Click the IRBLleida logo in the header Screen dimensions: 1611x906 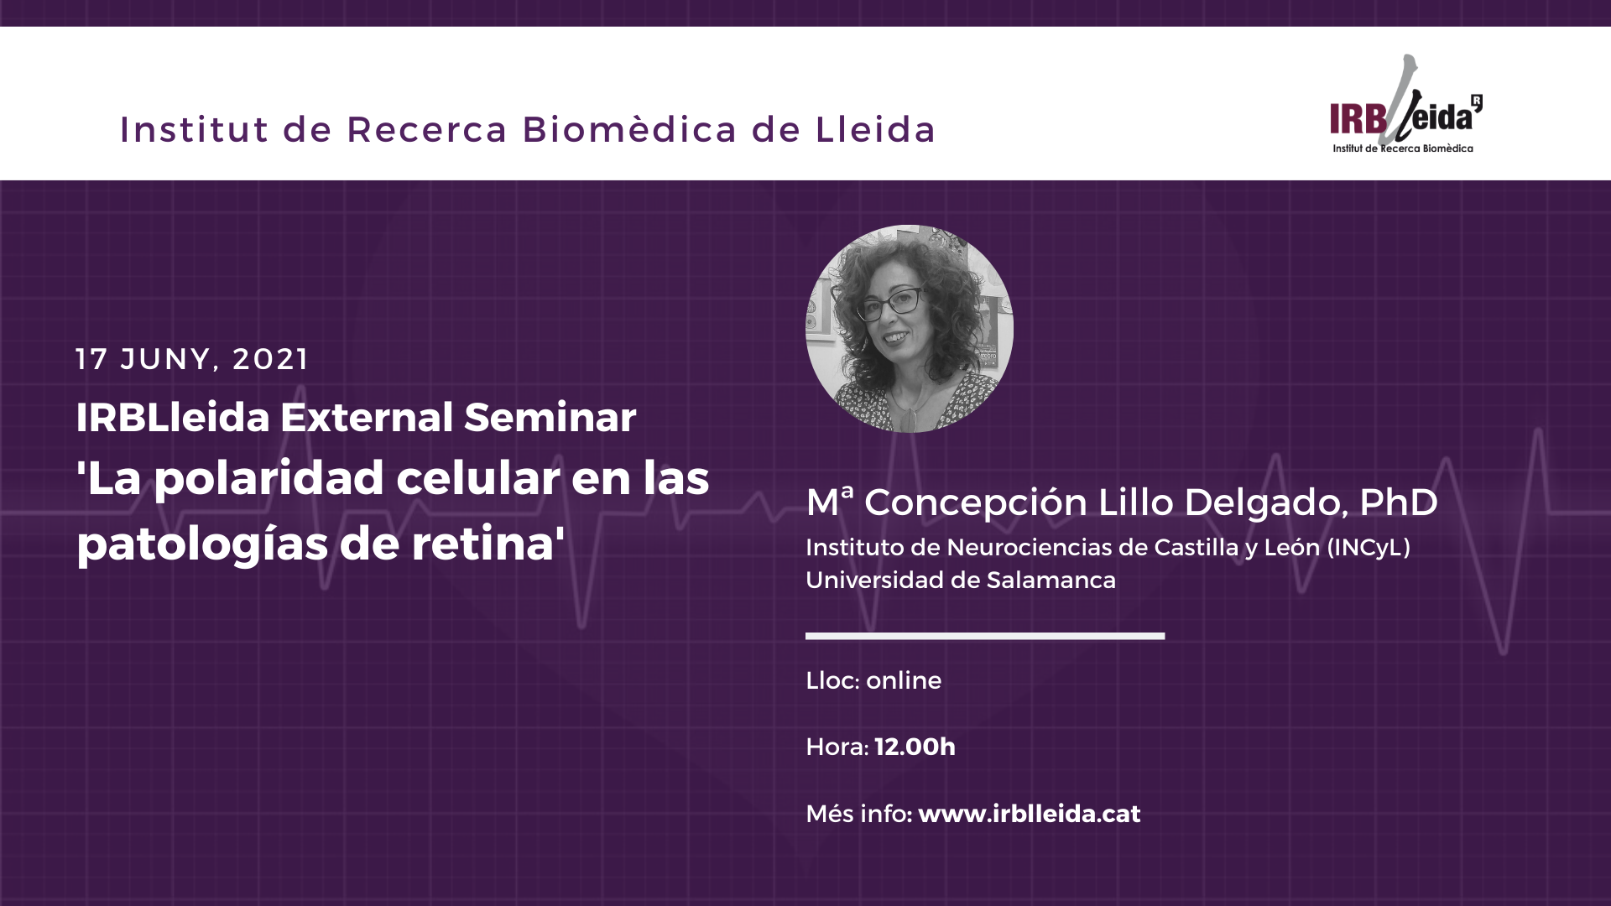1405,105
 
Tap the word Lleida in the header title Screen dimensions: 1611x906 875,129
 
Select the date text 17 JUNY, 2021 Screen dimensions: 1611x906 192,359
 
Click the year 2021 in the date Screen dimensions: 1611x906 270,359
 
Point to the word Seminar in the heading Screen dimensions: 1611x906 550,417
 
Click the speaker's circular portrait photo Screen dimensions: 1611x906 910,329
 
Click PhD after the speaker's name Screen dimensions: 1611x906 1399,502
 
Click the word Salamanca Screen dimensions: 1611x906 1051,580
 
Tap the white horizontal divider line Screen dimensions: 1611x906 985,636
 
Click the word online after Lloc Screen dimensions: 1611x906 904,680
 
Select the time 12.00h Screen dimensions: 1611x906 915,747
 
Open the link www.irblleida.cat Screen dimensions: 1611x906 1030,814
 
